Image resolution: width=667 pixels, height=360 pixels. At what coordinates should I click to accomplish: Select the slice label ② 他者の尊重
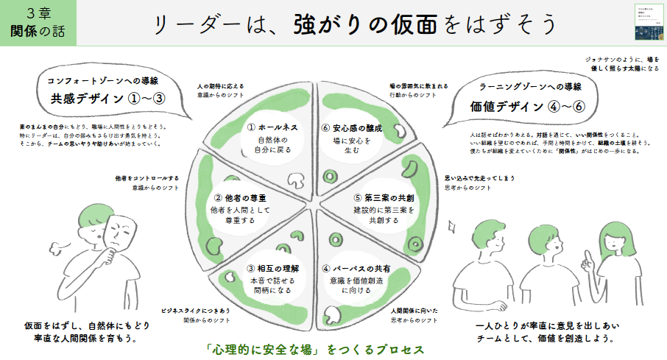click(x=241, y=198)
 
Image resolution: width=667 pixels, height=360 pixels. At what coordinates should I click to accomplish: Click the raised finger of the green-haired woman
click(x=585, y=259)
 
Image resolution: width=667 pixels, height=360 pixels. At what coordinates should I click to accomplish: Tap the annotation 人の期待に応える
click(x=221, y=86)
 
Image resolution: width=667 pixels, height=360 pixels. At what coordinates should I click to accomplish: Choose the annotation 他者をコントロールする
click(x=147, y=178)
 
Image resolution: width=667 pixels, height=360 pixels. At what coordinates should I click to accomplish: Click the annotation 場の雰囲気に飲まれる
click(x=418, y=86)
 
